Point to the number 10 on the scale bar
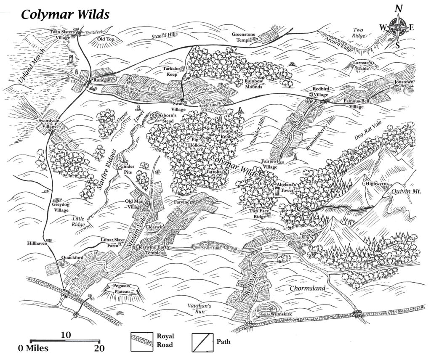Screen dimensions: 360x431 pos(65,335)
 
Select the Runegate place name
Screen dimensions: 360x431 pos(104,79)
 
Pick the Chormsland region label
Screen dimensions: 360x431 pos(308,289)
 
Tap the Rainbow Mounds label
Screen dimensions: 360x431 pos(254,84)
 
